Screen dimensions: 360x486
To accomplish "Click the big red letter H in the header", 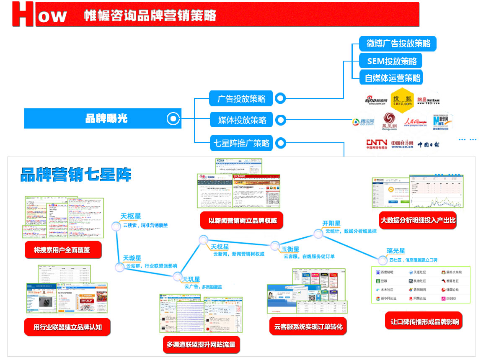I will click(23, 15).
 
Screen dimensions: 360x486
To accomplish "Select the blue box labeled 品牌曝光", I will click(103, 118).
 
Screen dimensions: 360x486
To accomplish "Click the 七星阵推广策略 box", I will click(241, 143).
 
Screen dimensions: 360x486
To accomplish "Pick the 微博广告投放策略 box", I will click(398, 44).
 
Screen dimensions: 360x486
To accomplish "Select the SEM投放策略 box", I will click(392, 61).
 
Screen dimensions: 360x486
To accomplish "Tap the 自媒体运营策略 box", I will click(392, 78).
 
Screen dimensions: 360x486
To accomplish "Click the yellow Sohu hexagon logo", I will click(402, 100).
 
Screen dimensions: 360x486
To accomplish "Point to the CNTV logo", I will click(376, 144).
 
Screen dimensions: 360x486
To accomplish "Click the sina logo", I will click(375, 100).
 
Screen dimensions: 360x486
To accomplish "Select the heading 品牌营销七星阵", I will click(76, 175).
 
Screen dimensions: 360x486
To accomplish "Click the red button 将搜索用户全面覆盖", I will click(63, 250).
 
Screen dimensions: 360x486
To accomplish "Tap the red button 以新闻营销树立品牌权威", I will click(243, 220).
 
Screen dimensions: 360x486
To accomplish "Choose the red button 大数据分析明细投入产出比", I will click(418, 220).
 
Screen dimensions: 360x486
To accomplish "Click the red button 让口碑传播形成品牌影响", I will click(424, 321).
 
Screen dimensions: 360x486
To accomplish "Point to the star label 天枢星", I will click(128, 216).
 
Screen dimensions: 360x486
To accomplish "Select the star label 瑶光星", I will click(396, 251).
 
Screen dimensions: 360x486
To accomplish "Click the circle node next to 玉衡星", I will click(275, 245).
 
